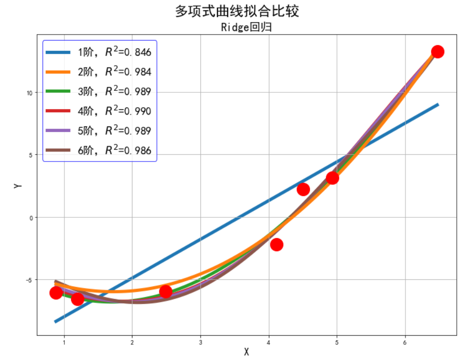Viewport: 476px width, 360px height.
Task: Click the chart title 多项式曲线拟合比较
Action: (x=237, y=11)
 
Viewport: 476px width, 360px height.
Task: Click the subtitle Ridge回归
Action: (x=246, y=27)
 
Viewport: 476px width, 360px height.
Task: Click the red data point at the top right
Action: (x=437, y=51)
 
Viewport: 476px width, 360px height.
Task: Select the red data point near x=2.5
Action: (x=165, y=291)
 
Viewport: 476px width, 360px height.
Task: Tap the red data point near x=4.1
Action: (x=277, y=245)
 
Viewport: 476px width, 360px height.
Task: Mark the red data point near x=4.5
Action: (x=303, y=189)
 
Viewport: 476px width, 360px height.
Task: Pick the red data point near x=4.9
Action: (x=332, y=178)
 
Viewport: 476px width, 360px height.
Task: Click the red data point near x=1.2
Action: (x=78, y=299)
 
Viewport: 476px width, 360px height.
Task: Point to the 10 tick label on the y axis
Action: (x=30, y=93)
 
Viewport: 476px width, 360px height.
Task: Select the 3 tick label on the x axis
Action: (x=200, y=342)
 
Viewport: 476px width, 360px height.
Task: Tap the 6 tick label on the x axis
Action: (x=405, y=342)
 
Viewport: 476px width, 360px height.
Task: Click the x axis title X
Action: (x=247, y=352)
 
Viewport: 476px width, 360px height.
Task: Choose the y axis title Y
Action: (x=18, y=186)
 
